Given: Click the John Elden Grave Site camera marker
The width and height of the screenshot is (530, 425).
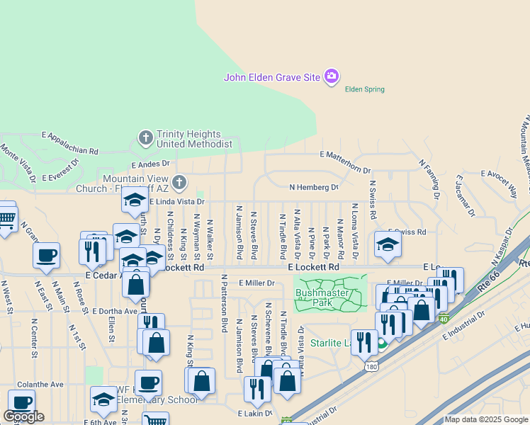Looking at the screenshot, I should pyautogui.click(x=331, y=76).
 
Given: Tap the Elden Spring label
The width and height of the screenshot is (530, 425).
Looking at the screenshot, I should pyautogui.click(x=364, y=89).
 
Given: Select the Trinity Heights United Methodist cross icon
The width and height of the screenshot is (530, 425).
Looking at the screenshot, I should pyautogui.click(x=146, y=137).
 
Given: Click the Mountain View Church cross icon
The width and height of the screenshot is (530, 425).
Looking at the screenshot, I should pyautogui.click(x=179, y=183).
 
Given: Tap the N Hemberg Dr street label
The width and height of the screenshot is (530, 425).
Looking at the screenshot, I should pyautogui.click(x=314, y=188).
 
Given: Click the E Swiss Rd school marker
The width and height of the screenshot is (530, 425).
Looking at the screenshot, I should pyautogui.click(x=388, y=246).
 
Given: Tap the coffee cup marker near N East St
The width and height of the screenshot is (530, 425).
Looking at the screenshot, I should pyautogui.click(x=47, y=256).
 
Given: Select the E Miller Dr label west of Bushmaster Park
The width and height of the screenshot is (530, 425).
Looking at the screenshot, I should pyautogui.click(x=256, y=283).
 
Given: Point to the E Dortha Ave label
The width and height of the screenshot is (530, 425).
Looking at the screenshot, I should pyautogui.click(x=111, y=311).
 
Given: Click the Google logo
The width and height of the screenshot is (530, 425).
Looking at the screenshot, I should pyautogui.click(x=23, y=416).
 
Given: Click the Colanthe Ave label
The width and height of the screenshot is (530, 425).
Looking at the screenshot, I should pyautogui.click(x=40, y=384).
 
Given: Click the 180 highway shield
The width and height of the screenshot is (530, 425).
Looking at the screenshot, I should pyautogui.click(x=371, y=367).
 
